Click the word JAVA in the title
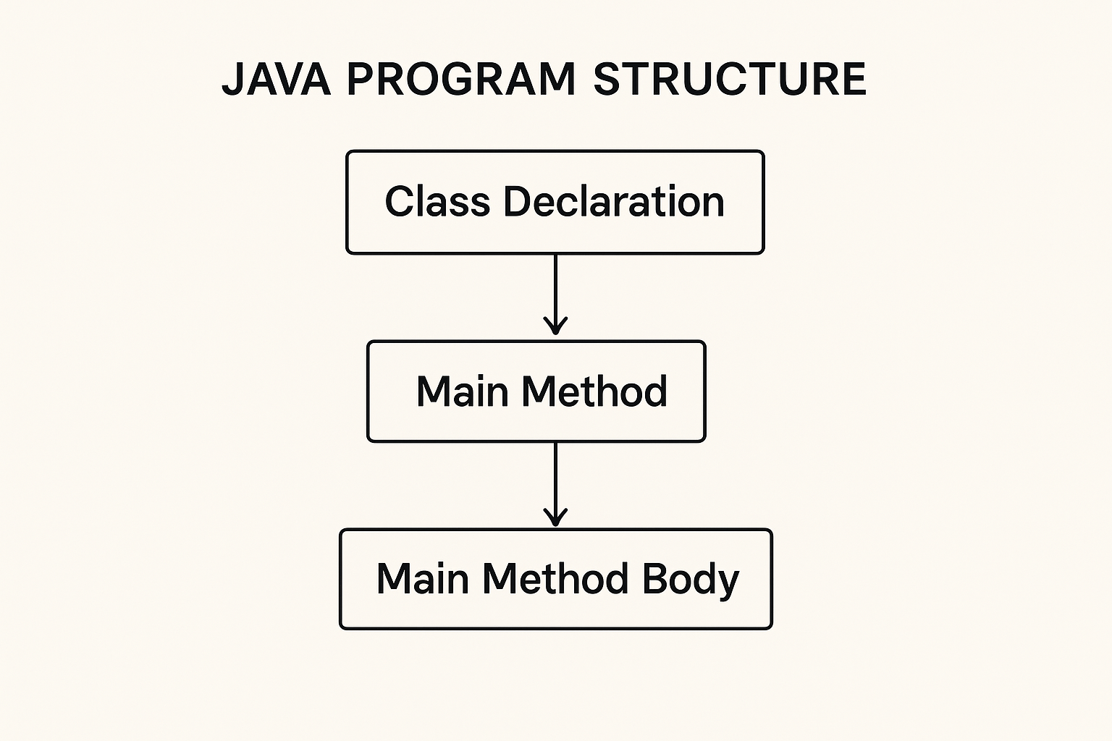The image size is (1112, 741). point(276,79)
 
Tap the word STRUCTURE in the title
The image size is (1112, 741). point(730,79)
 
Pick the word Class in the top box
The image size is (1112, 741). point(437,201)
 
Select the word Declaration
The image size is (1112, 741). point(614,201)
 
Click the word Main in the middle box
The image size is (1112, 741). point(462,391)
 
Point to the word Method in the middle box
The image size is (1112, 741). point(594,391)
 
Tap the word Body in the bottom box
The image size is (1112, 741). point(691,580)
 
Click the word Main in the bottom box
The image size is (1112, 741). point(423,578)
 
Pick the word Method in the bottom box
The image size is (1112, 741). point(555,578)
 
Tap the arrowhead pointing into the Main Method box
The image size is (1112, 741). point(555,326)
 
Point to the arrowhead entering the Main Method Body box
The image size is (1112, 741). point(555,517)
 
